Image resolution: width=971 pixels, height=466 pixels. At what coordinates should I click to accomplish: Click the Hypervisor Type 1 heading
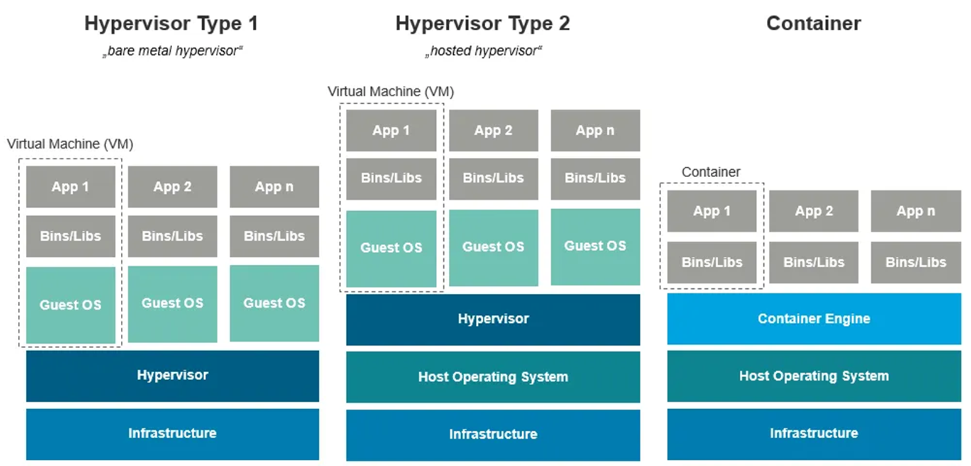click(x=171, y=23)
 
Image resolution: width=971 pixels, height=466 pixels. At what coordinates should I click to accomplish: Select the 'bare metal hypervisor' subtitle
click(x=173, y=51)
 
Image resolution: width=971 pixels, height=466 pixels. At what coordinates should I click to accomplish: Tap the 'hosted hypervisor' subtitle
click(x=483, y=51)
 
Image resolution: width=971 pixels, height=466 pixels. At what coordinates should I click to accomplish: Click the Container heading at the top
click(x=813, y=23)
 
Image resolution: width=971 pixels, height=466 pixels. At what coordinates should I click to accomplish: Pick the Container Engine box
click(x=814, y=318)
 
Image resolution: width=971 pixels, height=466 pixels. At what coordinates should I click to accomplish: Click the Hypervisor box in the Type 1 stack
click(x=173, y=375)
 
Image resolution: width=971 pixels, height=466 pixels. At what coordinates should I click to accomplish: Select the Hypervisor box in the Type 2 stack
click(x=493, y=319)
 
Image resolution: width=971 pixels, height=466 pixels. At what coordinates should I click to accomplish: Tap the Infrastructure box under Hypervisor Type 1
click(x=173, y=433)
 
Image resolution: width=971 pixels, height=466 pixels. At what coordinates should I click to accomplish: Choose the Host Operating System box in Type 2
click(x=493, y=377)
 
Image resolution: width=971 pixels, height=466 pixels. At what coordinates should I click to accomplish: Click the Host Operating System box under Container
click(x=814, y=376)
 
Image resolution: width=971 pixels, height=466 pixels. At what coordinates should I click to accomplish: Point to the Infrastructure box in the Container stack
click(x=814, y=433)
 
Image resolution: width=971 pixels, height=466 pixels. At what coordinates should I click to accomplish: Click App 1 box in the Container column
click(x=711, y=211)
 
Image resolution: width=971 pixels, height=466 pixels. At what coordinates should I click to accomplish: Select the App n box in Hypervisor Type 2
click(x=595, y=130)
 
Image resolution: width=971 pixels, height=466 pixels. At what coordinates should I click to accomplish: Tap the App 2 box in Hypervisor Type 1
click(x=173, y=186)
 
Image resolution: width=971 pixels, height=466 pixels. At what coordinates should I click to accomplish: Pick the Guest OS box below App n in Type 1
click(x=274, y=303)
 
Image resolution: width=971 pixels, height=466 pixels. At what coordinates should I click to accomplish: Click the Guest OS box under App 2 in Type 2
click(x=493, y=247)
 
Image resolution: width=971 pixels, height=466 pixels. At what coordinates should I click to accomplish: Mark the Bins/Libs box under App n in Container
click(x=916, y=262)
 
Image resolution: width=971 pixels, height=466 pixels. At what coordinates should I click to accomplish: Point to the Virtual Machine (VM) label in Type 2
click(x=390, y=91)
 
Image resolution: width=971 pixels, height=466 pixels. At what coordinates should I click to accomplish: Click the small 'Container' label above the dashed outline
click(x=710, y=172)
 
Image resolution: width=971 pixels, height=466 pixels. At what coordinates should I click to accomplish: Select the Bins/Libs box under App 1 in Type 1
click(x=70, y=236)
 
